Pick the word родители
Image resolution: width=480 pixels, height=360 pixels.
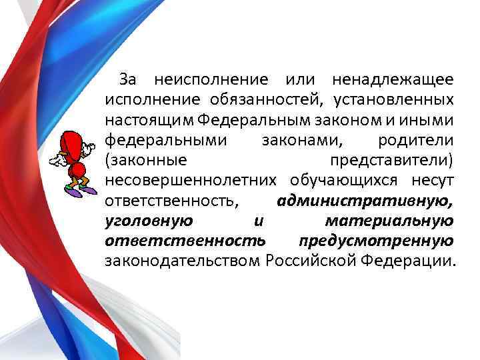click(416, 141)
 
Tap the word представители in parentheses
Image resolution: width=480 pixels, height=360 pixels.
click(392, 161)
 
